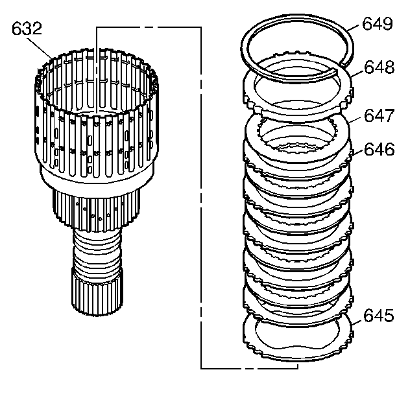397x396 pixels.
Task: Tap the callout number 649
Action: (x=378, y=25)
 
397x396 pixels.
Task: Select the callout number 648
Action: (x=378, y=67)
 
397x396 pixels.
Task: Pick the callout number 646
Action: (x=378, y=150)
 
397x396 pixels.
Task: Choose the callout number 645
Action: (x=378, y=316)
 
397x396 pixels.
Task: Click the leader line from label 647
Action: (x=355, y=121)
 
